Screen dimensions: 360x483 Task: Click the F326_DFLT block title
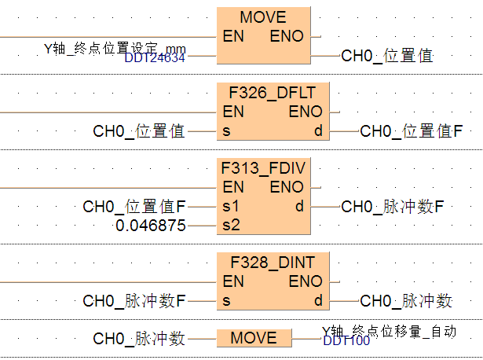[x=273, y=94]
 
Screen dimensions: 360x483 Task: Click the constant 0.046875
[x=151, y=226]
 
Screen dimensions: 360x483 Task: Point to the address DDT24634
[x=156, y=57]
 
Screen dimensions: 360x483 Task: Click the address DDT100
[x=346, y=340]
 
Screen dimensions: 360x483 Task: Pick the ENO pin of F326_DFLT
[x=306, y=112]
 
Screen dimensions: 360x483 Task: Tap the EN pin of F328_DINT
[x=232, y=281]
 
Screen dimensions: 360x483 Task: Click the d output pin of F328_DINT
[x=318, y=300]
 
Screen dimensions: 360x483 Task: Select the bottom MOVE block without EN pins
[x=253, y=338]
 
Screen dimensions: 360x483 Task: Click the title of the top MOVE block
[x=263, y=17]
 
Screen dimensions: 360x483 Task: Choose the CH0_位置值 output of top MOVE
[x=386, y=56]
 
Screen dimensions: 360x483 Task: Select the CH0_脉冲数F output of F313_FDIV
[x=393, y=207]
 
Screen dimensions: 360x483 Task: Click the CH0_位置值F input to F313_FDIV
[x=134, y=207]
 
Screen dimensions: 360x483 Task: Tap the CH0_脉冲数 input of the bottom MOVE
[x=139, y=339]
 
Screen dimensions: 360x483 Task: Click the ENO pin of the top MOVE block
[x=287, y=36]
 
